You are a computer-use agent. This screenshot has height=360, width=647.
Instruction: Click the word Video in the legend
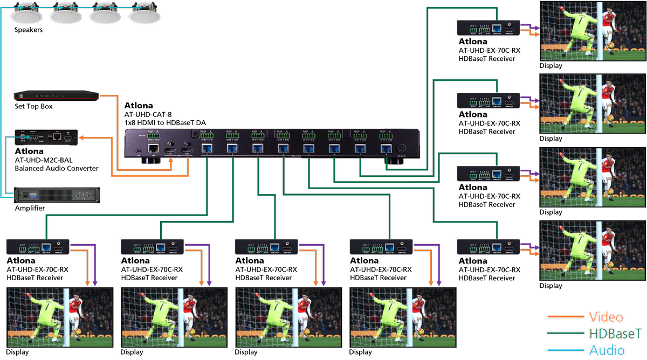606,317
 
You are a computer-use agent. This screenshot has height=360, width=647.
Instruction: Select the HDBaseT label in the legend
608,333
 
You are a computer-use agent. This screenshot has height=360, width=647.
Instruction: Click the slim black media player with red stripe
56,96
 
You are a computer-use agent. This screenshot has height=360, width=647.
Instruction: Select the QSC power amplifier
57,194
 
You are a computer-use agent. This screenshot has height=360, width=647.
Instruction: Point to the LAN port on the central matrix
154,148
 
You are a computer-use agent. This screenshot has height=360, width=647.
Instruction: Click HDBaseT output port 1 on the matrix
207,149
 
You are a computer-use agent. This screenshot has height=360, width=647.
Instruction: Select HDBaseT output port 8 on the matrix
386,149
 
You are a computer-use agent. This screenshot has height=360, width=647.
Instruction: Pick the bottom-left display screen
60,317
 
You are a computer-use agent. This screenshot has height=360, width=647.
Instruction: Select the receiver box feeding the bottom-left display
38,247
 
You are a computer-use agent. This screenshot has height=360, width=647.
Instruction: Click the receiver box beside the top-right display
488,28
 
